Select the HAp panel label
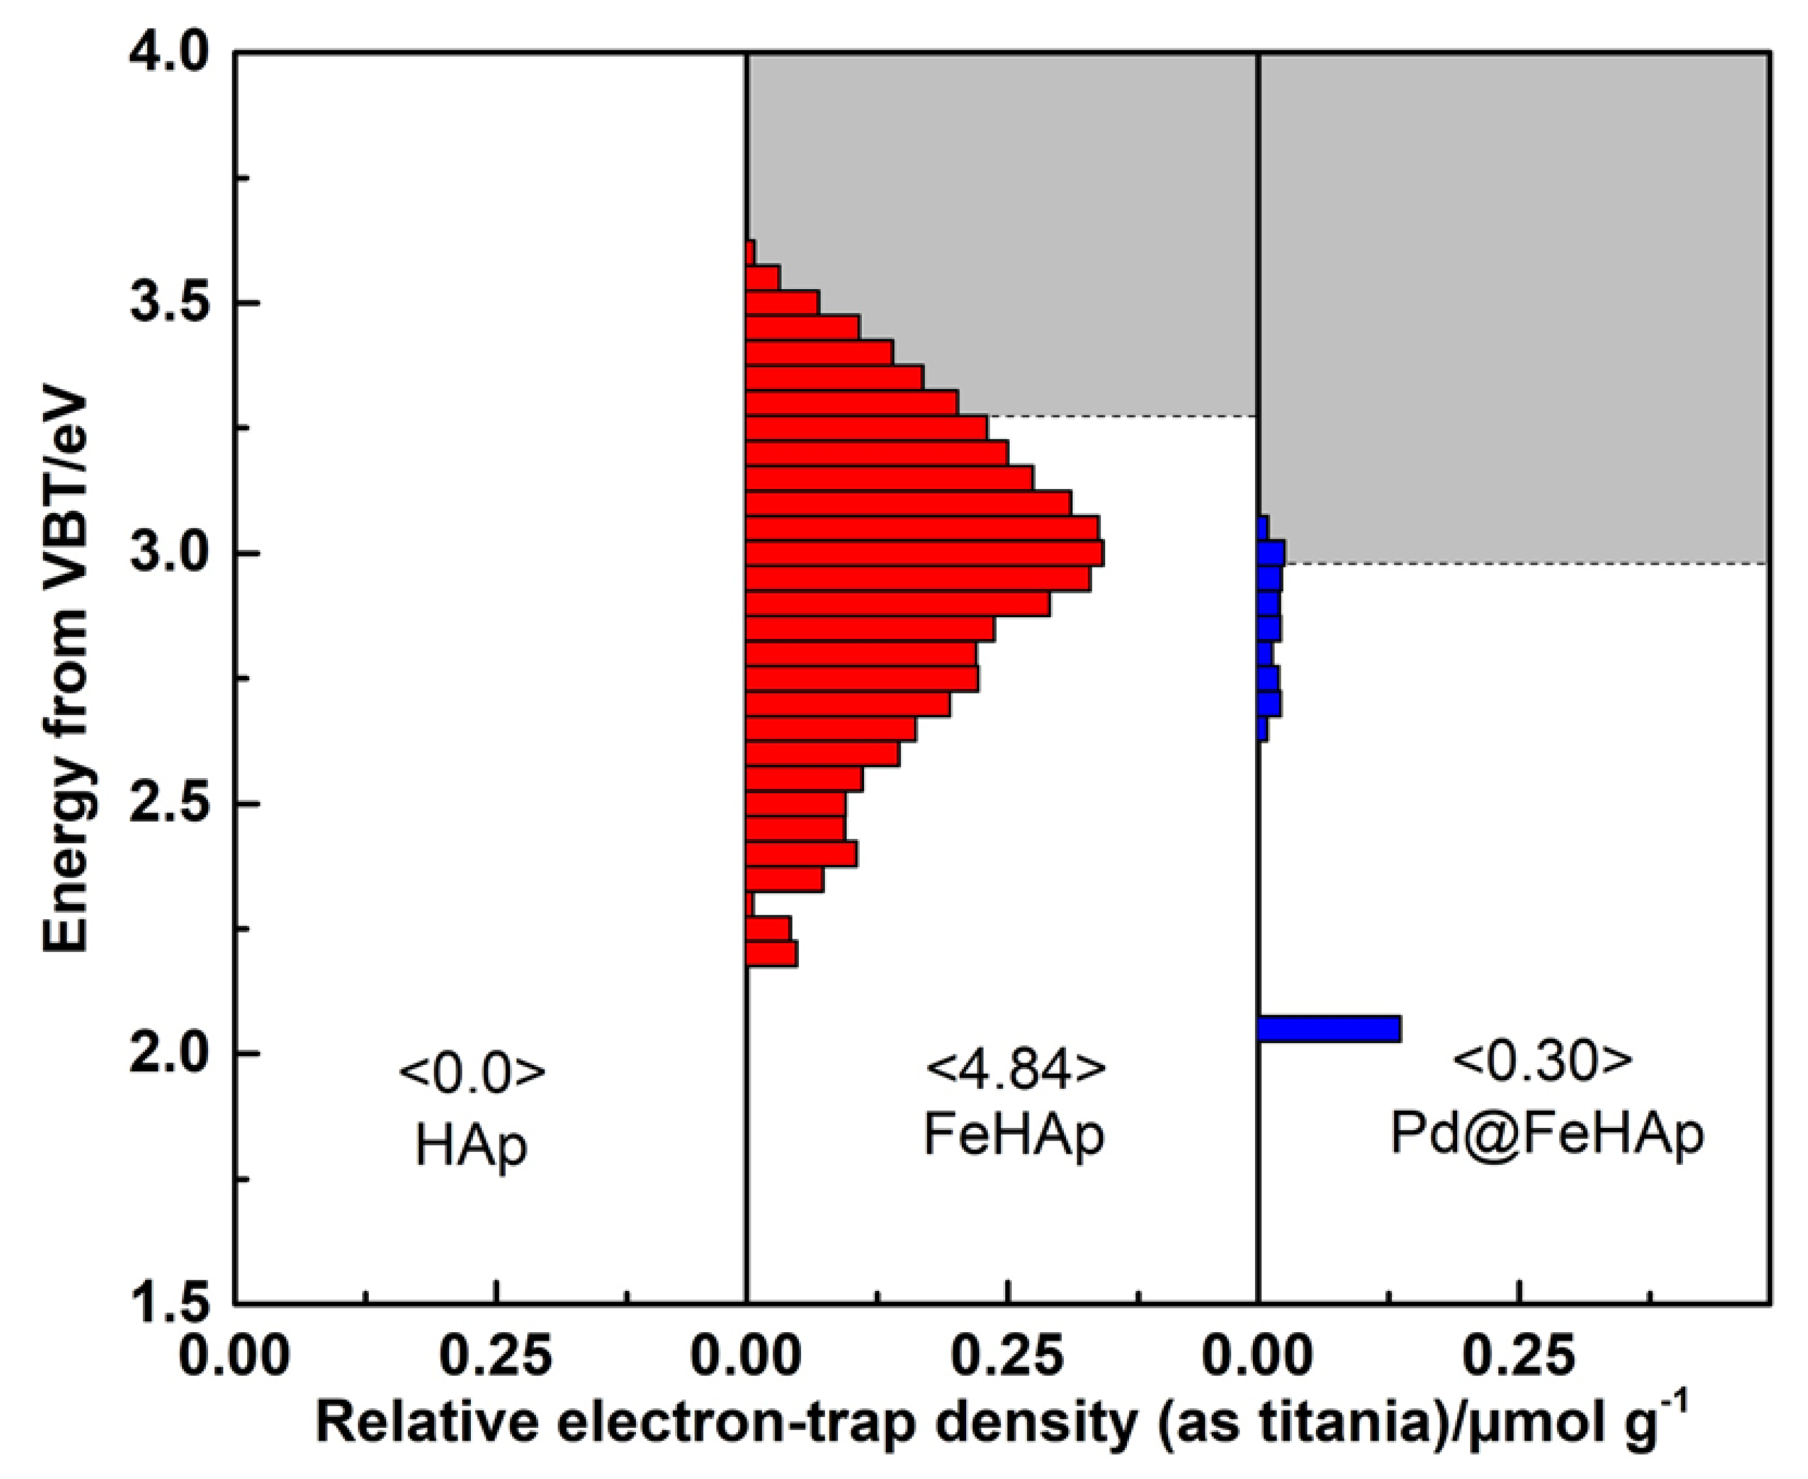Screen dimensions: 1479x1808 pyautogui.click(x=471, y=1144)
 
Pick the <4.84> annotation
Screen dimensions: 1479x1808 pyautogui.click(x=1014, y=1066)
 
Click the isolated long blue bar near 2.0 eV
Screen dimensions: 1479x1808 pyautogui.click(x=1329, y=1028)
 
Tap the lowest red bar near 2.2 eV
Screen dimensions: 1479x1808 pyautogui.click(x=772, y=953)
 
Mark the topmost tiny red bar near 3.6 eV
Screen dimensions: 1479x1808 pyautogui.click(x=750, y=253)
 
